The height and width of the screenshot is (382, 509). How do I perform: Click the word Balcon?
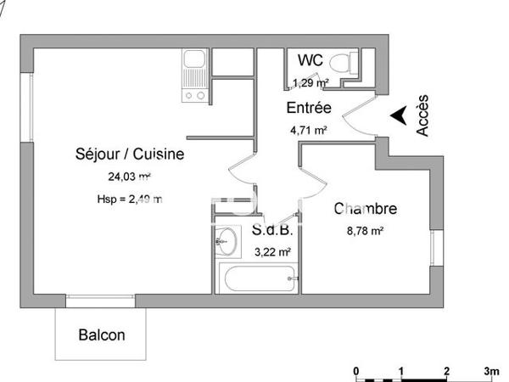102,334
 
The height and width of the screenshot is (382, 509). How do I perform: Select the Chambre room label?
366,209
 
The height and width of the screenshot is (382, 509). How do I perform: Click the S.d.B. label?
273,230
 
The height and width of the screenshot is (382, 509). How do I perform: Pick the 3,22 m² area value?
273,251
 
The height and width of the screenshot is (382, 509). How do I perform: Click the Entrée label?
309,109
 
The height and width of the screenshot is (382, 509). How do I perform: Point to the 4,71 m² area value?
310,130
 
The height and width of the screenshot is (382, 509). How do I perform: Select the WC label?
310,60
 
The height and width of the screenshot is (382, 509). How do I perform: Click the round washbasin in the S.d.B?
226,240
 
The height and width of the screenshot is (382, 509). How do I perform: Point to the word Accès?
422,115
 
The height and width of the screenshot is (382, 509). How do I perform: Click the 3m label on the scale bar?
490,372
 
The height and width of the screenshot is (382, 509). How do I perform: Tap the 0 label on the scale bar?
357,372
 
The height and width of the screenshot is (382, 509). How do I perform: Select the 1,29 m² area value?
310,83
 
